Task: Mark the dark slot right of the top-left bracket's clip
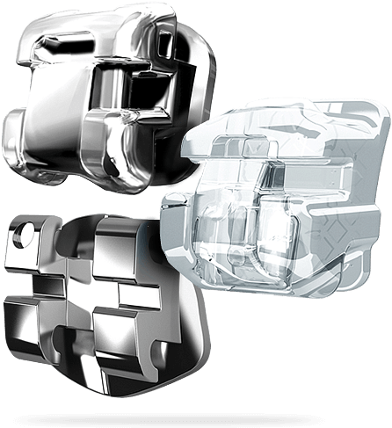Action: click(x=141, y=92)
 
